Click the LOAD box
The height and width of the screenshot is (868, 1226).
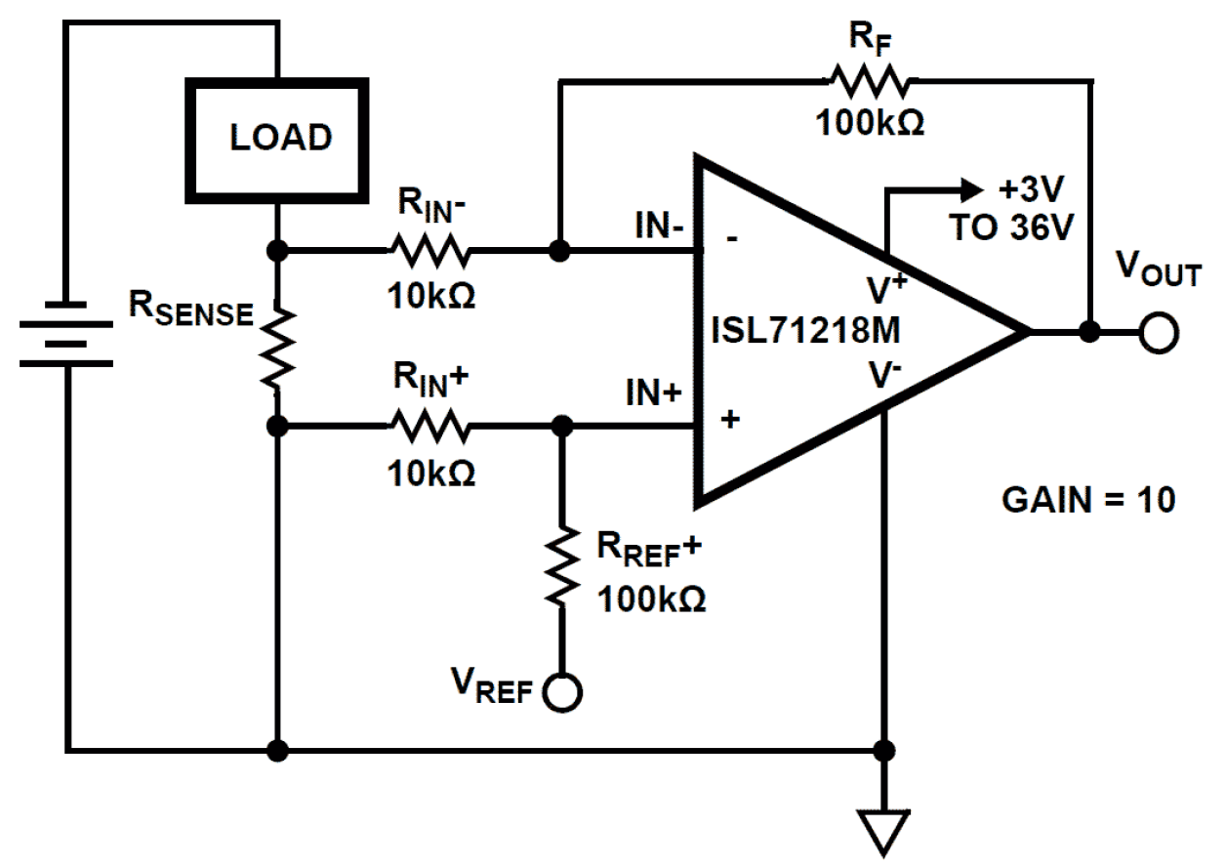(279, 138)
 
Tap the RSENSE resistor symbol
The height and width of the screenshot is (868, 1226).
(279, 347)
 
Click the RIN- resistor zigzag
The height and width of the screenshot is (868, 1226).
(429, 252)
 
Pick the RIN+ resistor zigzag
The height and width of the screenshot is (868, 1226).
(429, 427)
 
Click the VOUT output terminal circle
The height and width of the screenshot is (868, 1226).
(1159, 332)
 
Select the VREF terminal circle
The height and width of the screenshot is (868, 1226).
(563, 692)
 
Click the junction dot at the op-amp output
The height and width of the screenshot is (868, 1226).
(1089, 332)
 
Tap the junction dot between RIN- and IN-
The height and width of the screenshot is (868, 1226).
(558, 252)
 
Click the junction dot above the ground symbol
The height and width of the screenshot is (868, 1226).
(883, 751)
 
